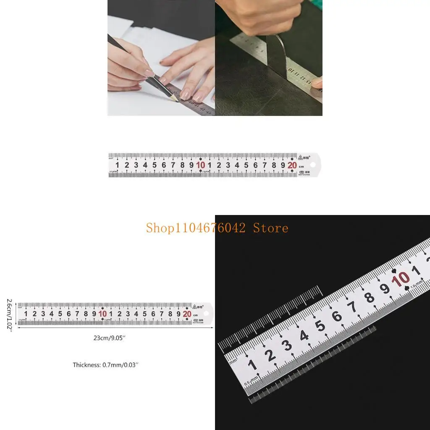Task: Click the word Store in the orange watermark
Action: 270,228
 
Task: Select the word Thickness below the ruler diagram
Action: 87,365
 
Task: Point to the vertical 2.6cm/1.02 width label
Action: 9,314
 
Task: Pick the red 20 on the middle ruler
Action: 292,165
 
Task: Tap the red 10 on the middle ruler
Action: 201,165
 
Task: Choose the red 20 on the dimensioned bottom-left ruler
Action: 187,314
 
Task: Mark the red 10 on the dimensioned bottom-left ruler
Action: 102,314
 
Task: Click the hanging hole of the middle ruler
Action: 312,160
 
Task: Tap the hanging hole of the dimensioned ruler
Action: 206,313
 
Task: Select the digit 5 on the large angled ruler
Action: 320,326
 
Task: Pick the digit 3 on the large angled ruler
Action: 287,346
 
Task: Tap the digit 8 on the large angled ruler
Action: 369,298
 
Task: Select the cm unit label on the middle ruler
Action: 301,167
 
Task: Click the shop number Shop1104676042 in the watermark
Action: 196,228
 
